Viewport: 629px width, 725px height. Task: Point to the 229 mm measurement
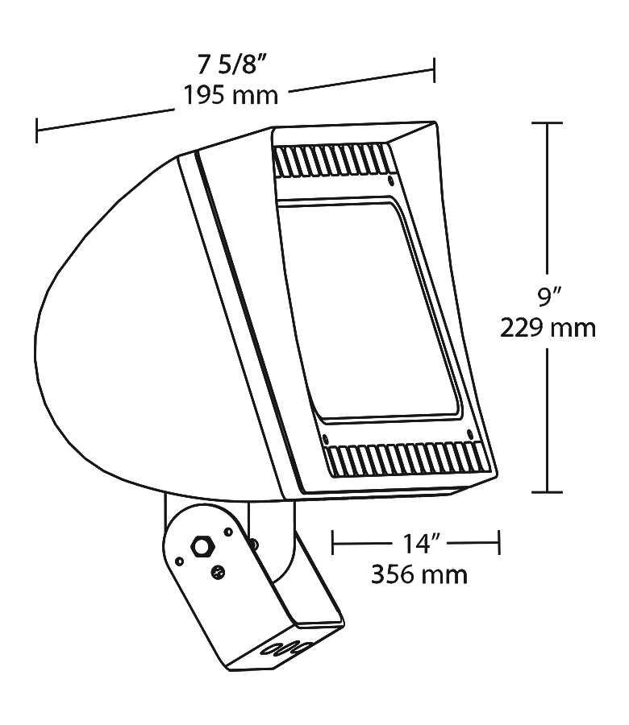[x=548, y=328]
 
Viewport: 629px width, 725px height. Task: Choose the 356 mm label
[x=419, y=574]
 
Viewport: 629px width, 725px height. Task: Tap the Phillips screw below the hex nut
[x=218, y=573]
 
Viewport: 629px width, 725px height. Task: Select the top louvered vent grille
[x=332, y=162]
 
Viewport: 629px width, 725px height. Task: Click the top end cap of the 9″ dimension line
[x=549, y=122]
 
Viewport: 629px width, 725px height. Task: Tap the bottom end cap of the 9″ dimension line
[x=549, y=491]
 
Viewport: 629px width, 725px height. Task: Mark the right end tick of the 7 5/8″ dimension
[x=435, y=70]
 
